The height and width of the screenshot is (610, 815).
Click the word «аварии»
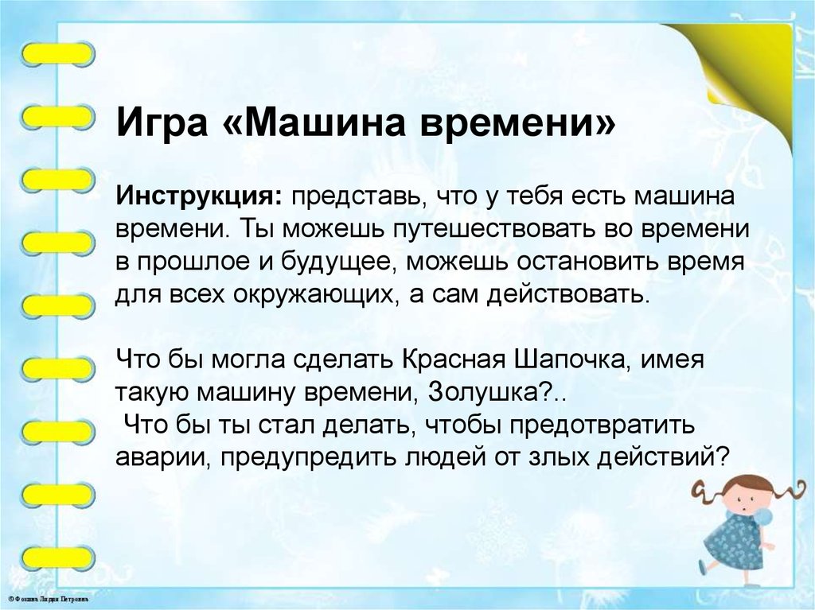162,457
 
